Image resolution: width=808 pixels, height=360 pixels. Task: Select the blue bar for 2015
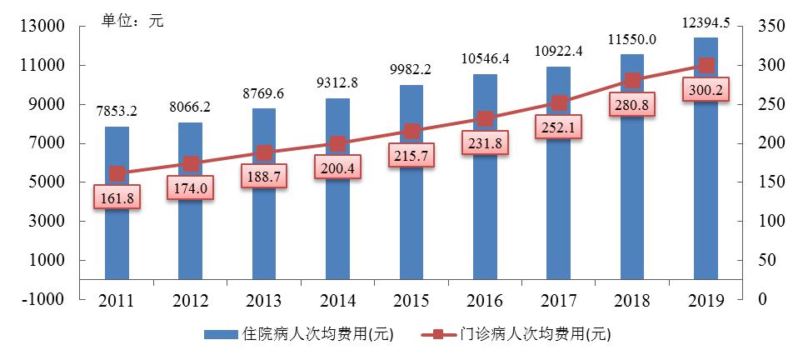coord(411,192)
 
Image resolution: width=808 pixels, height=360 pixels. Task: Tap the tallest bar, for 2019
coord(706,167)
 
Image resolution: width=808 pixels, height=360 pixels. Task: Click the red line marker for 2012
coord(191,164)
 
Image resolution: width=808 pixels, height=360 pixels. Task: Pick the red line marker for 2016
coord(485,119)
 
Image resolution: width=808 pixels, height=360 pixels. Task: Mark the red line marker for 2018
coord(632,81)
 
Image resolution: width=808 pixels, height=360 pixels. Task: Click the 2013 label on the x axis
coord(264,300)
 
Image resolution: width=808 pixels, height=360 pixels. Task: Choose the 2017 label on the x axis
coord(559,300)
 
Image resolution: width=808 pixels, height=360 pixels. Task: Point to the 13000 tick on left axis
coord(42,27)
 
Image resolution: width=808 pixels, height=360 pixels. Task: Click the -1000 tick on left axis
coord(42,300)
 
